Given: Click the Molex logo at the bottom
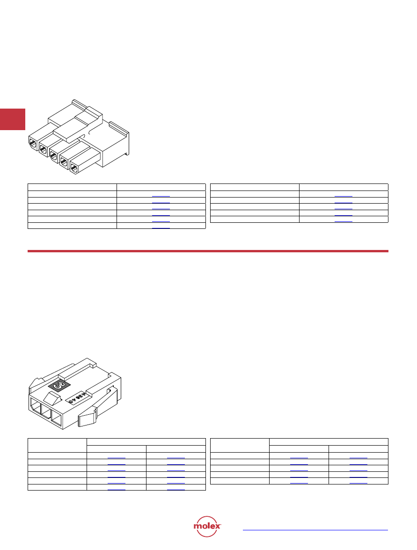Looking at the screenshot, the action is (207, 526).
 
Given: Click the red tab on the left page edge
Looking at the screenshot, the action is (13, 119).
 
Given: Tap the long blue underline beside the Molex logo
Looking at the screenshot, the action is (315, 530).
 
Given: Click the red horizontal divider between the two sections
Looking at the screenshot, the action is (208, 251).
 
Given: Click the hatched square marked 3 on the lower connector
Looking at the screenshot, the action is (59, 386).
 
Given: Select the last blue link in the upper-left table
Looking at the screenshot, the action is (161, 228).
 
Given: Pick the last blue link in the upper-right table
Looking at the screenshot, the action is (344, 222).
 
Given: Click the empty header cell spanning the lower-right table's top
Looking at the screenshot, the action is (329, 442).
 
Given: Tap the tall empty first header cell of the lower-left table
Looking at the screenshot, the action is (57, 446).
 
